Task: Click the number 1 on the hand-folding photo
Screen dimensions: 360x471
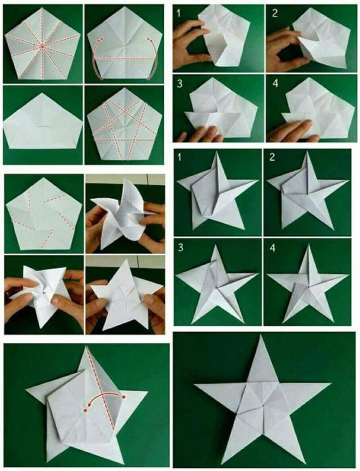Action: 179,14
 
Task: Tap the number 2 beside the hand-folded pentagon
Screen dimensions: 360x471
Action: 275,13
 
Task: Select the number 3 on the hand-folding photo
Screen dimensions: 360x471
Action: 180,83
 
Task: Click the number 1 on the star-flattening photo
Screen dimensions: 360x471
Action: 180,157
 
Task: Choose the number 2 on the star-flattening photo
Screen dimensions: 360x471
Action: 272,157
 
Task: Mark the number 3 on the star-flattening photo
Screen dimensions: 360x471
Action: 180,248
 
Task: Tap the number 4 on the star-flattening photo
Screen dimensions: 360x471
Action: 273,248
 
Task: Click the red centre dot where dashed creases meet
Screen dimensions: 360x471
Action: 42,47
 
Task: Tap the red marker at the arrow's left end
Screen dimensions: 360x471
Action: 86,410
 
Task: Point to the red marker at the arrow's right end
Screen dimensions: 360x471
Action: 124,397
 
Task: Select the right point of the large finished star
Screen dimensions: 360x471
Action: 330,383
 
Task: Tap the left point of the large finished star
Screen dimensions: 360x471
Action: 195,384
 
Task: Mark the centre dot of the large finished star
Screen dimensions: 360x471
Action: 263,406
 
